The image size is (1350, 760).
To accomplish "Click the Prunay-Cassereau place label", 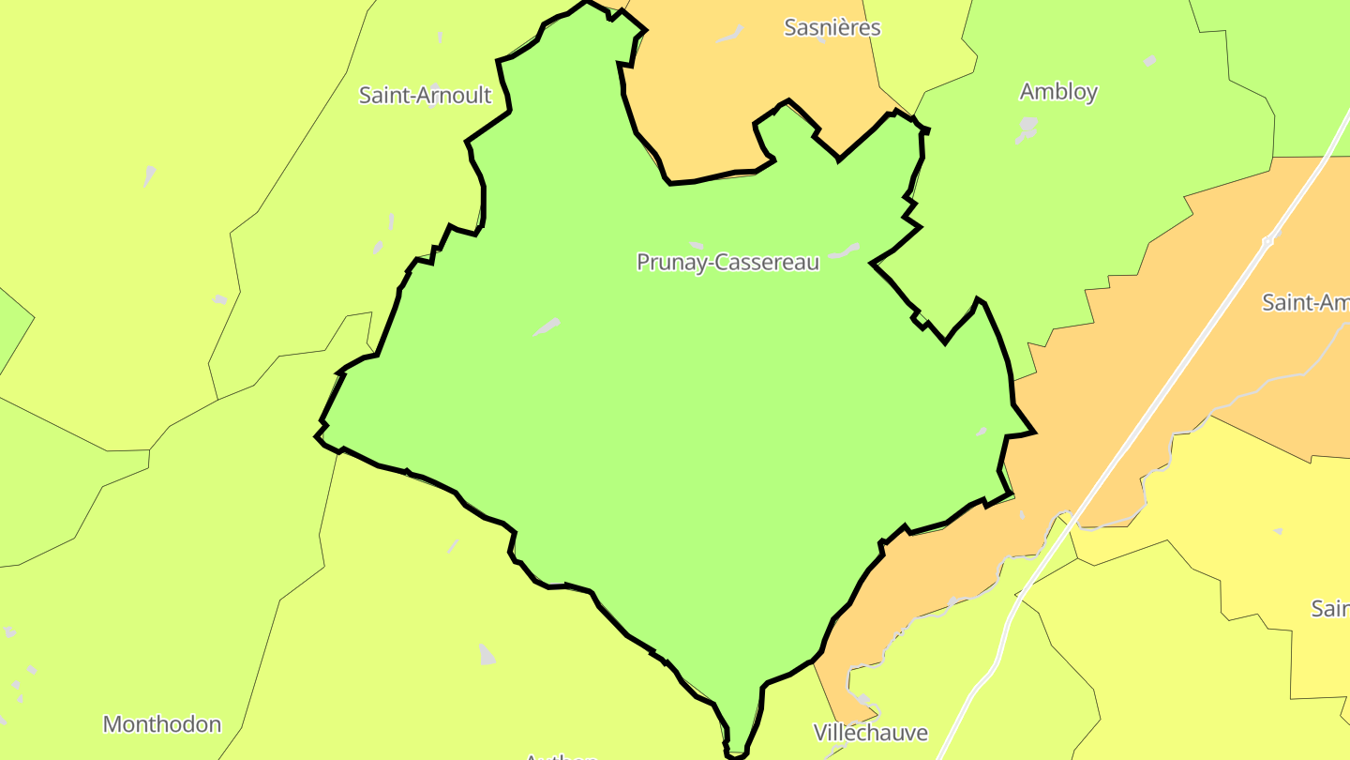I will (x=727, y=262).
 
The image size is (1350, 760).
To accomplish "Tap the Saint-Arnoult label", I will (x=425, y=95).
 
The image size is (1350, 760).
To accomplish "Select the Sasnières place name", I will (x=832, y=27).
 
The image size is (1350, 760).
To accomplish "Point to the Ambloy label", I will (x=1058, y=91).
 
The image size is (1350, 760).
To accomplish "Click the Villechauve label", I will (x=870, y=732).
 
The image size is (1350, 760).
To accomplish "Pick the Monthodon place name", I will (x=162, y=723).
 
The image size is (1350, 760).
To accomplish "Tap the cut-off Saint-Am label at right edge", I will (x=1305, y=302).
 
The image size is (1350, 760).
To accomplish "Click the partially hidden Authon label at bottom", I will (x=561, y=755).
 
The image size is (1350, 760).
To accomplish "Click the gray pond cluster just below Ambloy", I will (x=1027, y=129).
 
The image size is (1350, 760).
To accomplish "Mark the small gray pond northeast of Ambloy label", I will (x=1149, y=61).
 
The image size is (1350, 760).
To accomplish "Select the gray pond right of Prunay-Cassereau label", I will (x=845, y=251).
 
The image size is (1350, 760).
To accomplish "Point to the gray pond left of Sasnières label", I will (x=729, y=35).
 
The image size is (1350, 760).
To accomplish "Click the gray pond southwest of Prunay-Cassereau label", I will (x=547, y=327).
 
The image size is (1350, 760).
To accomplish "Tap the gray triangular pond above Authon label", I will (x=487, y=654).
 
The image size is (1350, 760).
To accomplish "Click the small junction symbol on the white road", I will (x=1267, y=241).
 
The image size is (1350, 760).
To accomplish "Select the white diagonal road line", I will (x=1172, y=375).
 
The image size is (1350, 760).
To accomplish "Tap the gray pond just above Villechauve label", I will (x=863, y=700).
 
